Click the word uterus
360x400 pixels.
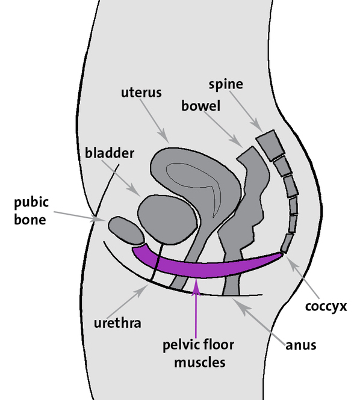click(141, 92)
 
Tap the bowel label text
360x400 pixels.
click(200, 105)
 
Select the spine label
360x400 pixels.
click(226, 84)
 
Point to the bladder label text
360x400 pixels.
click(110, 153)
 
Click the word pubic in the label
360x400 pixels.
click(31, 203)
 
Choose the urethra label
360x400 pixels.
click(117, 323)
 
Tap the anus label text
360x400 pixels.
click(301, 345)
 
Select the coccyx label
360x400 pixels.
click(326, 306)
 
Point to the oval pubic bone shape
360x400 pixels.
click(126, 230)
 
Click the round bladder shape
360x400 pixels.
click(167, 220)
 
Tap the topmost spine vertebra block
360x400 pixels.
click(271, 145)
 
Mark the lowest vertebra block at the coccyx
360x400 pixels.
click(287, 244)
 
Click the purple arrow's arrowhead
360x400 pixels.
click(196, 286)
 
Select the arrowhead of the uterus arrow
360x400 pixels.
click(165, 138)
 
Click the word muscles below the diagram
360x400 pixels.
click(200, 363)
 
